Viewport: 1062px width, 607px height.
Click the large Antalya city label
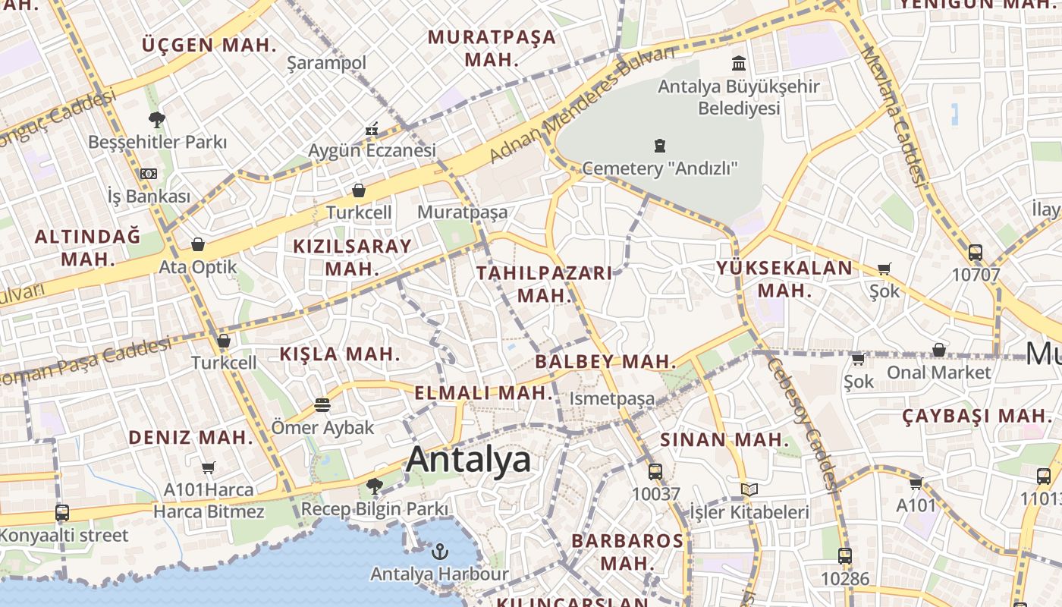pyautogui.click(x=468, y=460)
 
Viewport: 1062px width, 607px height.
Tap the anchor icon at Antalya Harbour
pyautogui.click(x=440, y=552)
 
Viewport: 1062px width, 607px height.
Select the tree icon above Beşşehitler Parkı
pyautogui.click(x=157, y=119)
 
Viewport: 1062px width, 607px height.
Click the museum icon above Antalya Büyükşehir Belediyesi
pyautogui.click(x=738, y=63)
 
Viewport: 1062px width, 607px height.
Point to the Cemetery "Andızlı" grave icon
pyautogui.click(x=659, y=146)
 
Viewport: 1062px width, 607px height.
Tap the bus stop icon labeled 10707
pyautogui.click(x=975, y=252)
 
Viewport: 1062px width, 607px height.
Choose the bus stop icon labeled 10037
pyautogui.click(x=655, y=471)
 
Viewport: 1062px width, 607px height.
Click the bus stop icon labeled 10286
pyautogui.click(x=844, y=555)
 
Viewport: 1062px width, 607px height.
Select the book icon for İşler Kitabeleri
pyautogui.click(x=749, y=490)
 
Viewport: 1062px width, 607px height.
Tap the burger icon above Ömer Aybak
pyautogui.click(x=322, y=405)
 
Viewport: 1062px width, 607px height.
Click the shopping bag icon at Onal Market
pyautogui.click(x=938, y=350)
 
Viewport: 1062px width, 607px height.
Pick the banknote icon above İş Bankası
pyautogui.click(x=148, y=174)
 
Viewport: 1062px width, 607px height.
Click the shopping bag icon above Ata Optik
pyautogui.click(x=198, y=244)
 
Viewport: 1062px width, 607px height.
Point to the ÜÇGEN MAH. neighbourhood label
pyautogui.click(x=209, y=45)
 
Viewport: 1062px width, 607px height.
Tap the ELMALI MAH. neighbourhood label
pyautogui.click(x=484, y=393)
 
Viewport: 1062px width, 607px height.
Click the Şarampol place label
pyautogui.click(x=326, y=63)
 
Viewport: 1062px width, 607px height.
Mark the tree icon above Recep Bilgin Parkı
pyautogui.click(x=374, y=486)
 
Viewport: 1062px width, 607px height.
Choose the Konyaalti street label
pyautogui.click(x=64, y=535)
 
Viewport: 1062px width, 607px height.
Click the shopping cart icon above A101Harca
pyautogui.click(x=209, y=467)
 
